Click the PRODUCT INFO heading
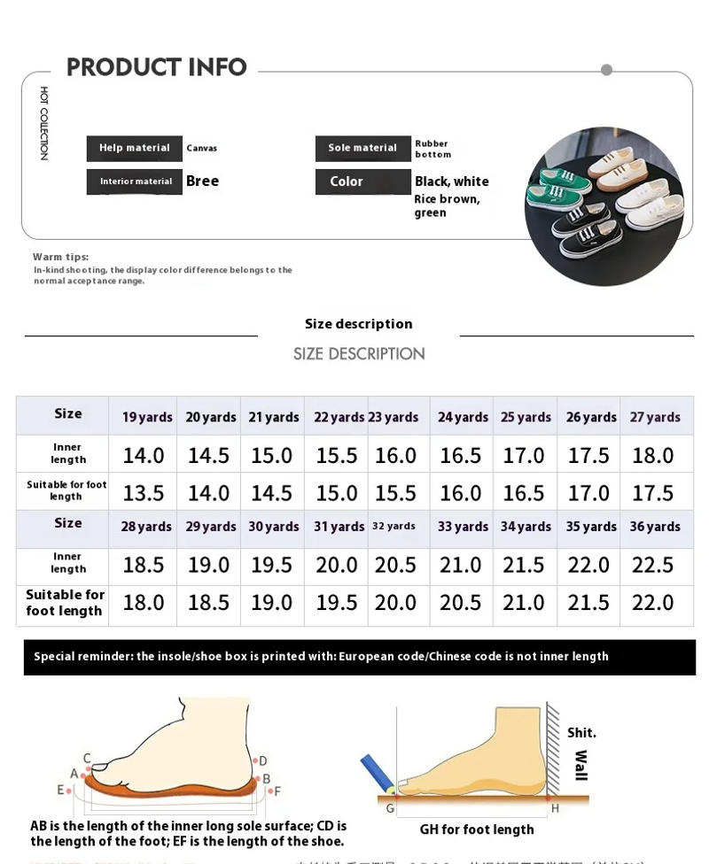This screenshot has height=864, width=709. pos(156,67)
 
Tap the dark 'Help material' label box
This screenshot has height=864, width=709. pos(134,148)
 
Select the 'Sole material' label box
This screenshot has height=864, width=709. pos(362,148)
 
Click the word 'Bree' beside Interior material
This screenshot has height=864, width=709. pos(202,181)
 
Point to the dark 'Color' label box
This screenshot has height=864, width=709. pos(362,181)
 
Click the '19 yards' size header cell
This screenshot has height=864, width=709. pos(147,417)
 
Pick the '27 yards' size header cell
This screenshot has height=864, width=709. pos(655,417)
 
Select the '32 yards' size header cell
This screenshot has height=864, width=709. pos(393,526)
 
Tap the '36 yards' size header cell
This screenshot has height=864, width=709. pos(655,527)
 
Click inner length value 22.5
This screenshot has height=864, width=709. pos(652,565)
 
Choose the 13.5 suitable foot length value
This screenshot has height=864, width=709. pos(143,493)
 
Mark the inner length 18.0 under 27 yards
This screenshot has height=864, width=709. pos(652,455)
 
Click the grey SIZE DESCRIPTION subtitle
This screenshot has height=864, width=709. pos(359,354)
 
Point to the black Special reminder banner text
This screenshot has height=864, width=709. pos(321,657)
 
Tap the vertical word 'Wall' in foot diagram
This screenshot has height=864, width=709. pos(580,765)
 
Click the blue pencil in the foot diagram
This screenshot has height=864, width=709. pos(377,772)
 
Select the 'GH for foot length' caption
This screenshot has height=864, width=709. pos(477,829)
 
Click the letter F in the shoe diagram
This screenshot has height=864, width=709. pos(277,791)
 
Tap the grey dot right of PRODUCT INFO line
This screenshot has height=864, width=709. pos(606,70)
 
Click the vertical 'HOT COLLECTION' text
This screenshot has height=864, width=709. pos(43,123)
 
